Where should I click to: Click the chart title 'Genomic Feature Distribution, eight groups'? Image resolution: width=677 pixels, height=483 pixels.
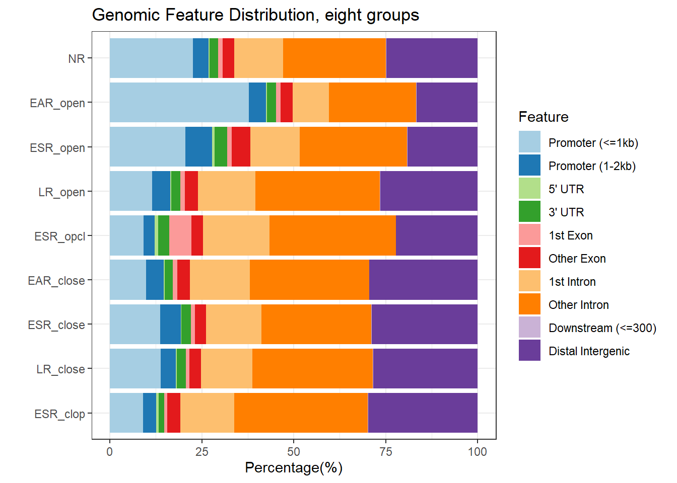click(x=255, y=15)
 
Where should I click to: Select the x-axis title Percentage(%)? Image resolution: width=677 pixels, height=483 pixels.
click(x=294, y=467)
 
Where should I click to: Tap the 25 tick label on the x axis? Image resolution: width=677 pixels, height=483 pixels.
click(x=201, y=451)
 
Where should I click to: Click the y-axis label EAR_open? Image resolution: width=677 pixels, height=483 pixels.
click(x=57, y=103)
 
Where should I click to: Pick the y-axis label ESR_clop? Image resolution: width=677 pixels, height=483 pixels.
click(x=59, y=414)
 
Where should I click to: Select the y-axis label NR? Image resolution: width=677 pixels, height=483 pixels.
click(x=77, y=59)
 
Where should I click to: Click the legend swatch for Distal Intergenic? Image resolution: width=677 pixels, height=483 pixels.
click(x=529, y=351)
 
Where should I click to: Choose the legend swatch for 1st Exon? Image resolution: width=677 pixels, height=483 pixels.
click(x=529, y=235)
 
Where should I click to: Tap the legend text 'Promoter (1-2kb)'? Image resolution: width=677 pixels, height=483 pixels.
click(x=592, y=166)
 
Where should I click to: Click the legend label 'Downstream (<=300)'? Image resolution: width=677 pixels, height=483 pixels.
click(x=602, y=328)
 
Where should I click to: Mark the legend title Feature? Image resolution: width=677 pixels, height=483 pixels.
click(x=544, y=117)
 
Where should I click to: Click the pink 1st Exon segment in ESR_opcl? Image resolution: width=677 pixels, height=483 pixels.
click(x=180, y=235)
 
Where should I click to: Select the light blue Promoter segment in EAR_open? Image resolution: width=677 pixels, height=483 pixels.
click(x=179, y=103)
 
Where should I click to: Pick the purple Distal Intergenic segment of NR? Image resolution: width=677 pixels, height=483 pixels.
click(x=432, y=58)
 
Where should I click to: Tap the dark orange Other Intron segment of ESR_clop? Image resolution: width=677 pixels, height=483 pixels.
click(x=301, y=413)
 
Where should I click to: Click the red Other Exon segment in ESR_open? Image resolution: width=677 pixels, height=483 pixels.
click(x=241, y=147)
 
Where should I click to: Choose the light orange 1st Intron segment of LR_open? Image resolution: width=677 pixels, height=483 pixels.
click(x=227, y=191)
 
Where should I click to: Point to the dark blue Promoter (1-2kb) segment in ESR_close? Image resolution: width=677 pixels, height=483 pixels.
click(x=170, y=325)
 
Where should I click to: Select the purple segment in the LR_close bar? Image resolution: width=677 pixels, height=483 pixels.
click(x=425, y=369)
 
